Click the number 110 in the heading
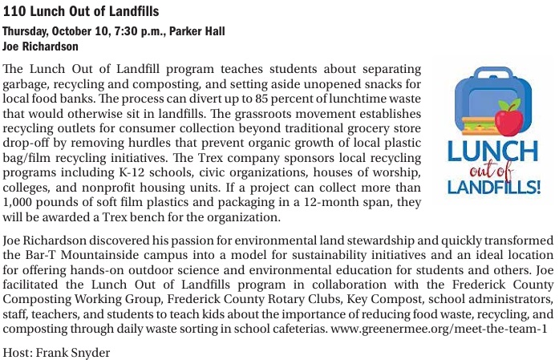click(13, 11)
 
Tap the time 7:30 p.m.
click(127, 31)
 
